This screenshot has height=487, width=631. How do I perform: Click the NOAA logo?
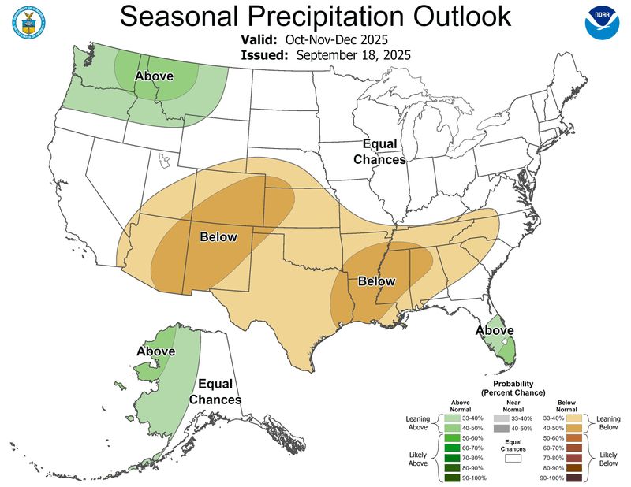coord(602,24)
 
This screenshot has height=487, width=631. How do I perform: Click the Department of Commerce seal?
coord(28,24)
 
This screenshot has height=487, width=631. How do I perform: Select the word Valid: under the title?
coord(259,39)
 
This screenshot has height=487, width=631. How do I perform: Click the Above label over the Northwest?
coord(155,76)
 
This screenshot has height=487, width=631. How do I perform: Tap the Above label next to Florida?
coord(495,329)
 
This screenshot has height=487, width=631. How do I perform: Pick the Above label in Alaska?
coord(156,351)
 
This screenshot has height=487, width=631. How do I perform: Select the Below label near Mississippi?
coord(377,281)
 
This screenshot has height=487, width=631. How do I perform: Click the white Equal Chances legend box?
coord(514,455)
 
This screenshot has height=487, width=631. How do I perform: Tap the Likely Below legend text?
coord(607,460)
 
